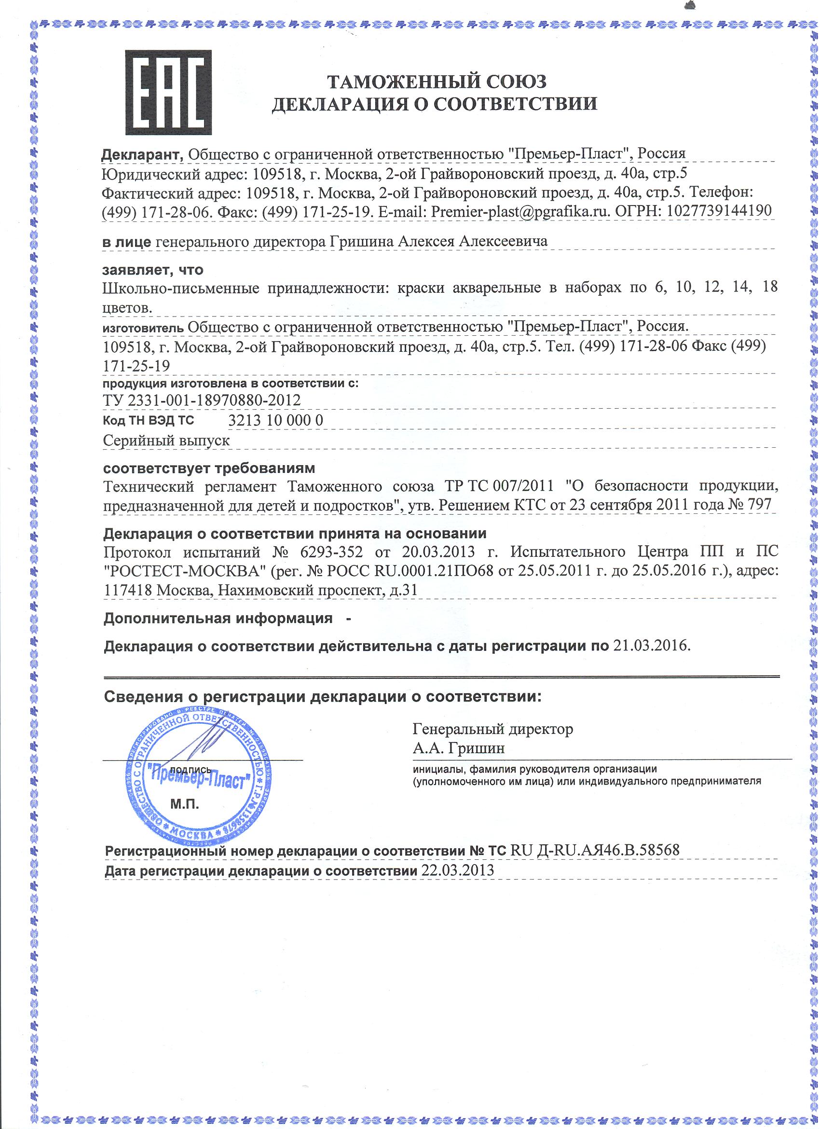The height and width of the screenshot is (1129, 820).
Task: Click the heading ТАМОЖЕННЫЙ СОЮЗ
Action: (x=436, y=81)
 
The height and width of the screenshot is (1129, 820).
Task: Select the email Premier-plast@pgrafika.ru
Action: (x=519, y=211)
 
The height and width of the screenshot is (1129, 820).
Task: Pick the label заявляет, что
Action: (x=153, y=270)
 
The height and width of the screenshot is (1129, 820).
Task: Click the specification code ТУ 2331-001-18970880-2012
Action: (x=202, y=400)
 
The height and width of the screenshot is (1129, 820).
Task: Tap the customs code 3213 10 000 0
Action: (x=275, y=421)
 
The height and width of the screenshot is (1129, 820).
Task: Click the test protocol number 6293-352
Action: (x=331, y=552)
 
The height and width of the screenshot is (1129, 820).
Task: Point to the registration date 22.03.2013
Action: (x=457, y=870)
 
